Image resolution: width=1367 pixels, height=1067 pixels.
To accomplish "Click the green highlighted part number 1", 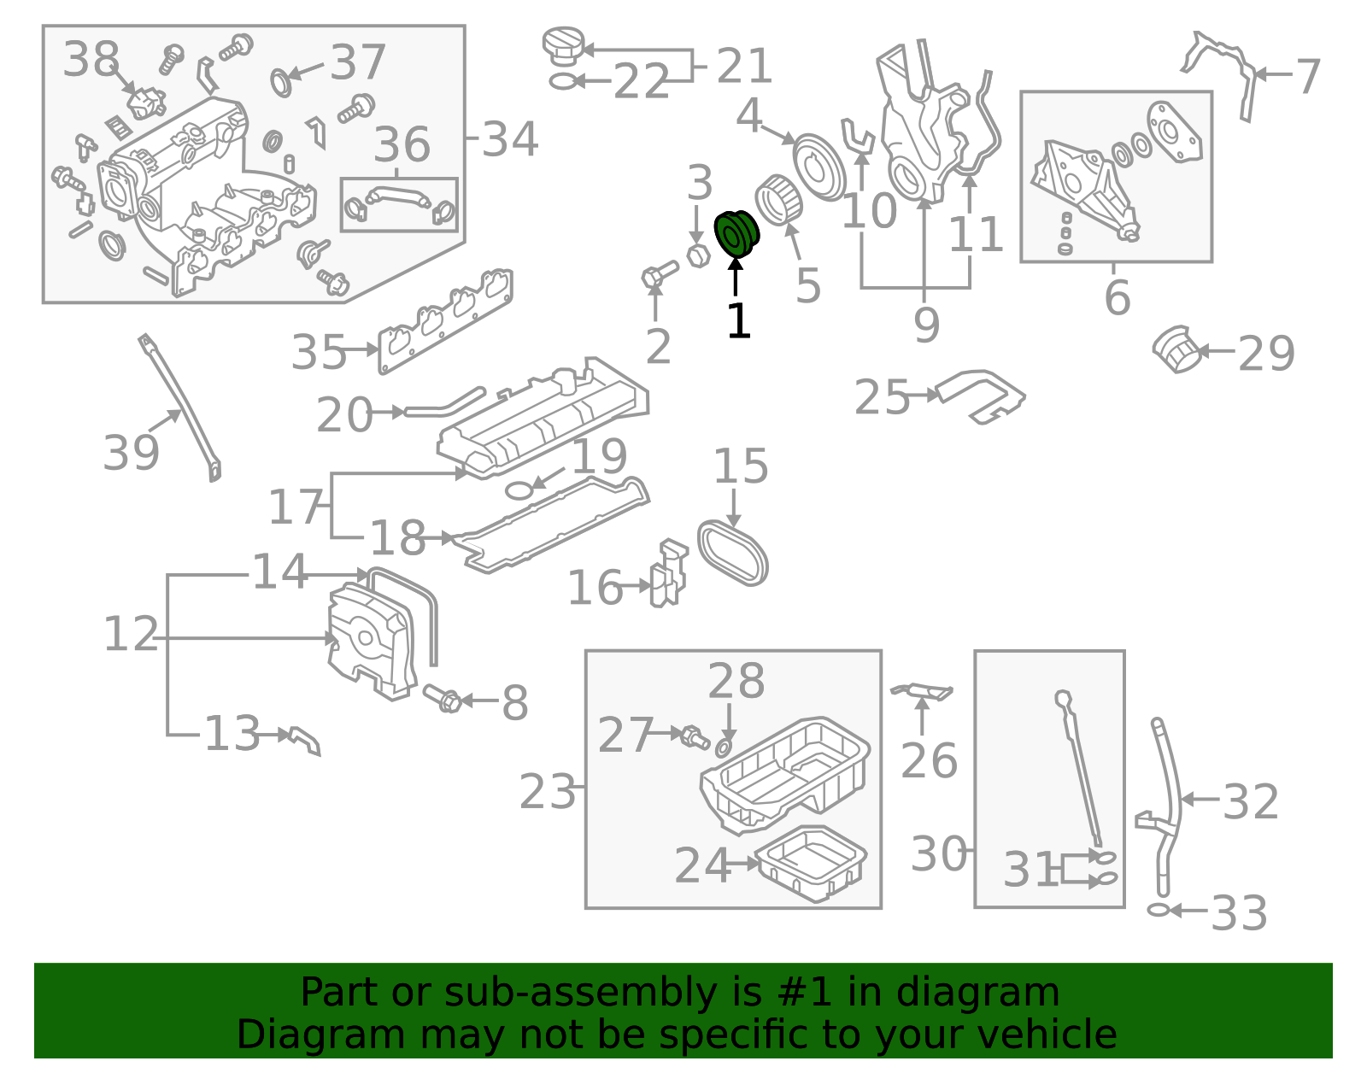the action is pos(736,234).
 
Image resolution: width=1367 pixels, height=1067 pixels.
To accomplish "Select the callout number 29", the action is pos(1265,354).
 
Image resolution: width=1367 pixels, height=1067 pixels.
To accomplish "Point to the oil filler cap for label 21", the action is pos(564,44).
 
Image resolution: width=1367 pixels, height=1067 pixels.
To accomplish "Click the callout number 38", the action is pos(91,58).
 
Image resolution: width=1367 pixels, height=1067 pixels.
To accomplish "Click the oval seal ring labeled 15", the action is pos(733,554).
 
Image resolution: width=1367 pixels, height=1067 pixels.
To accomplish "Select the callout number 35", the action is pos(319,351).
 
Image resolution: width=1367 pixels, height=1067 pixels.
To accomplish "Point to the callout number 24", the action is pos(702,865).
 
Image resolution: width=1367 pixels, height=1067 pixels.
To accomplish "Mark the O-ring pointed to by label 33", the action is pos(1159,910).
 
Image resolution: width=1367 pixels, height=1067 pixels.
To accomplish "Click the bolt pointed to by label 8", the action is pos(442,698).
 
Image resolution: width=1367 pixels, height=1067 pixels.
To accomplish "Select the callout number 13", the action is pos(232,734).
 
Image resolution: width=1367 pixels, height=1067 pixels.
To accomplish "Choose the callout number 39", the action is pos(131,453).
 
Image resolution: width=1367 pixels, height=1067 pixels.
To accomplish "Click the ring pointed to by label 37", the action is pos(280,82).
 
